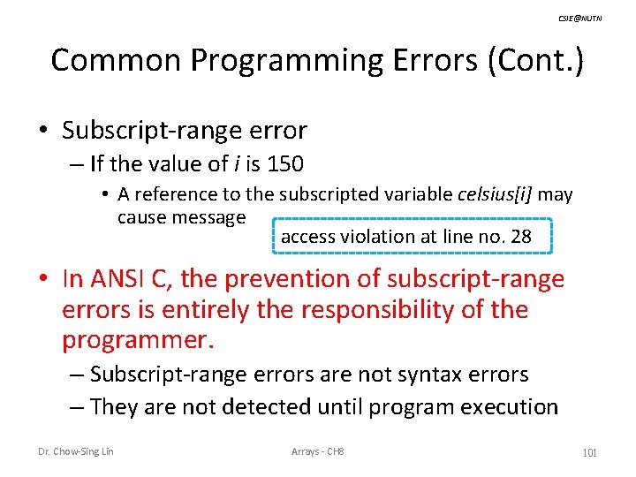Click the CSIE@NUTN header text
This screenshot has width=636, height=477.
tap(581, 18)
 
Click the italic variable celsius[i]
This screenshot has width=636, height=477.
tap(496, 194)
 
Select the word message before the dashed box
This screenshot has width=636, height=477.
tap(206, 216)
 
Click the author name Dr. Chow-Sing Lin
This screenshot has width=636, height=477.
tap(76, 452)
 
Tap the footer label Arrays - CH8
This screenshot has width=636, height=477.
tap(318, 452)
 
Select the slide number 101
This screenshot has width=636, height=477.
tap(590, 452)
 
